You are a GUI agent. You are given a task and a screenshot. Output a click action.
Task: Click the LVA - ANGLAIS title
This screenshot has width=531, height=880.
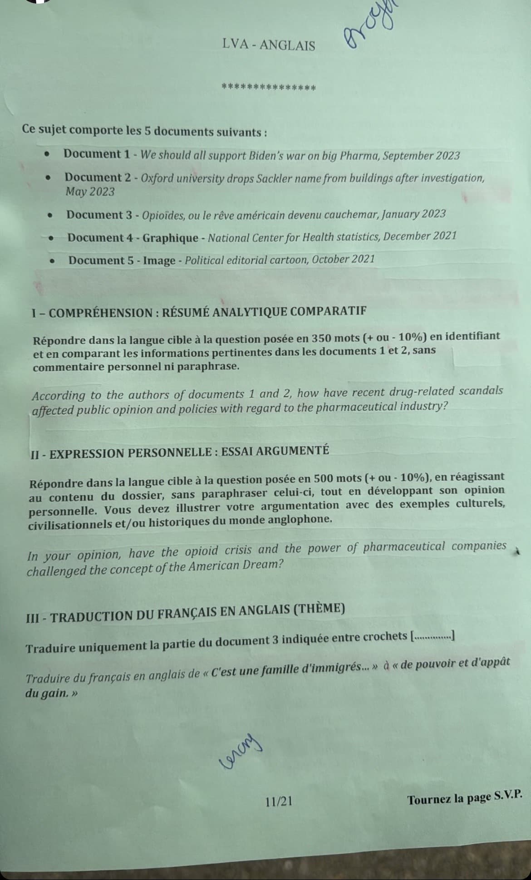tap(269, 45)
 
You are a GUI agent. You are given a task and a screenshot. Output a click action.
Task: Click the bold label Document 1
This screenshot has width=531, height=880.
tap(97, 154)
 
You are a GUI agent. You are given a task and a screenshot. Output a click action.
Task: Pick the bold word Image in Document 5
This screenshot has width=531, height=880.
tap(159, 261)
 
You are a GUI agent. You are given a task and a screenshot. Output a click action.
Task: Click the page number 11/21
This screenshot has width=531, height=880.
tap(279, 801)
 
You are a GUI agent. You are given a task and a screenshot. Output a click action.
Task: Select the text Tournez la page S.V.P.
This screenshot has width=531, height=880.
tap(464, 798)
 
